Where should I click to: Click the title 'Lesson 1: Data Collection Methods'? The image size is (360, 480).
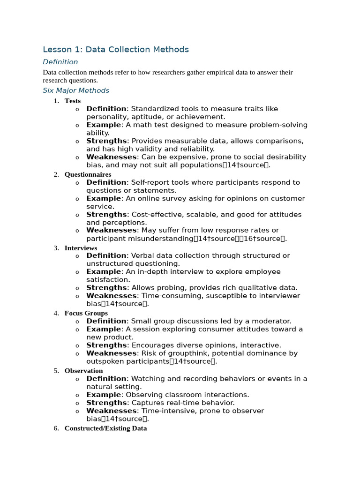(x=116, y=49)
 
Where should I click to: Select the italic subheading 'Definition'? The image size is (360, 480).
(x=60, y=62)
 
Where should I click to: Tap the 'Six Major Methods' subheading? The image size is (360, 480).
(x=76, y=90)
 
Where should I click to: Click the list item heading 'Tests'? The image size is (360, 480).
(x=73, y=101)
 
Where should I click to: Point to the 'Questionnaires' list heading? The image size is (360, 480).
(x=88, y=174)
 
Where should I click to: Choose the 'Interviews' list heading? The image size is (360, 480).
(x=81, y=248)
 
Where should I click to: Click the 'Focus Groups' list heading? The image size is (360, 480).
(x=86, y=313)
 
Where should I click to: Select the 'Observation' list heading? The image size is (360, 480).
(x=83, y=371)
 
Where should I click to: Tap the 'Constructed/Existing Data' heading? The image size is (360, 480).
(x=105, y=428)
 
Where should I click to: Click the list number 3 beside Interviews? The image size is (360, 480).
(x=56, y=248)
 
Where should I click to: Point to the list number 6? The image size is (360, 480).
(x=56, y=428)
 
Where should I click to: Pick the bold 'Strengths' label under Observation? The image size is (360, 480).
(x=106, y=403)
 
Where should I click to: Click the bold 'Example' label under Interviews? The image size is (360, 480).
(x=104, y=272)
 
